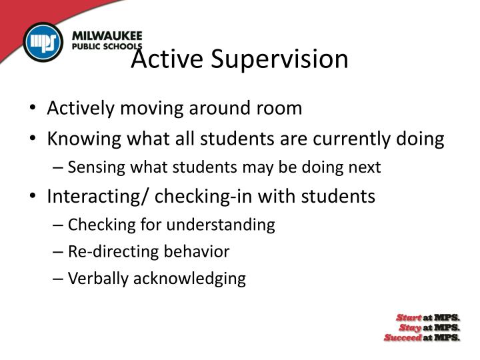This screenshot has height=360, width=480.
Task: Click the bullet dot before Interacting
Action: (34, 197)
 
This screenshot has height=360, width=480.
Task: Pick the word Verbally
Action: (98, 278)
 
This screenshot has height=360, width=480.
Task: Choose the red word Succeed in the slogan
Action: (403, 337)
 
